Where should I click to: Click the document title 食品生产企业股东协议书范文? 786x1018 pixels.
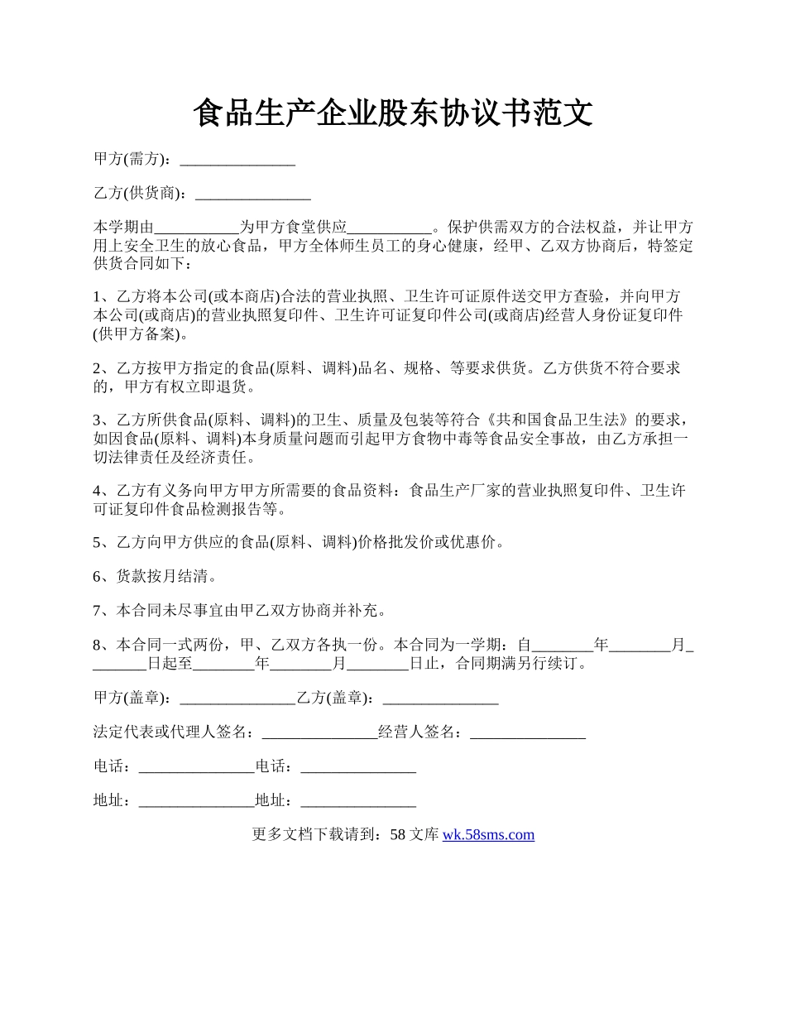tap(393, 113)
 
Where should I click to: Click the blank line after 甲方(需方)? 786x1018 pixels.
tap(237, 159)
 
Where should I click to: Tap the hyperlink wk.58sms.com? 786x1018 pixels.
tap(488, 834)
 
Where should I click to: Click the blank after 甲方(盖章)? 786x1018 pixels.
tap(237, 698)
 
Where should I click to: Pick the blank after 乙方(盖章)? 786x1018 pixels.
tap(441, 698)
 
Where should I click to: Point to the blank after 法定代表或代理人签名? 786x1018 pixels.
tap(319, 732)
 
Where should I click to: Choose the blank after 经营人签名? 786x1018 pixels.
tap(528, 732)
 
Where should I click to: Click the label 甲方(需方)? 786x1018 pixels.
tap(132, 159)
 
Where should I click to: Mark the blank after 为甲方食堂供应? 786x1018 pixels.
tap(389, 228)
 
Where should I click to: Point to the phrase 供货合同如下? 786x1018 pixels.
tap(141, 265)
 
